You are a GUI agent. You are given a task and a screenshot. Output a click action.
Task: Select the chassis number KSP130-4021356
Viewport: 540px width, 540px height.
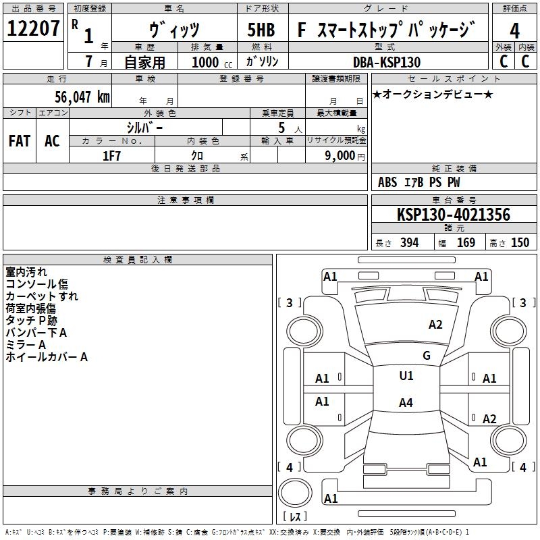click(x=454, y=215)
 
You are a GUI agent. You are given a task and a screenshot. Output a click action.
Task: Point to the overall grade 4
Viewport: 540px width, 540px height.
click(x=514, y=30)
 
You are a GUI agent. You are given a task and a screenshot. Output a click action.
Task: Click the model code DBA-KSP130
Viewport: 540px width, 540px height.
click(x=387, y=62)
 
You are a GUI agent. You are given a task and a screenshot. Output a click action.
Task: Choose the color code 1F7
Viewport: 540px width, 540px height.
click(x=111, y=155)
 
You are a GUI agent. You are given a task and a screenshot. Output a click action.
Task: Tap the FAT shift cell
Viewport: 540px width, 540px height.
click(x=20, y=141)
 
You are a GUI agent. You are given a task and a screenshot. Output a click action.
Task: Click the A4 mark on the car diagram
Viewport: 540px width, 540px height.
click(x=406, y=403)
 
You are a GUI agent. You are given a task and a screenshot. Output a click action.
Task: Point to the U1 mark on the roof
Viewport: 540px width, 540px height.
click(x=406, y=376)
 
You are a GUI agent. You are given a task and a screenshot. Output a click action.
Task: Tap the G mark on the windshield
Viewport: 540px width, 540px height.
click(x=426, y=356)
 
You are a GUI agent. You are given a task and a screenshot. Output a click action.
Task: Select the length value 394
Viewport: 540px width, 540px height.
click(x=409, y=243)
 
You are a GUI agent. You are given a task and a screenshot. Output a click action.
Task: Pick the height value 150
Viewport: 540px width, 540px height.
click(x=520, y=243)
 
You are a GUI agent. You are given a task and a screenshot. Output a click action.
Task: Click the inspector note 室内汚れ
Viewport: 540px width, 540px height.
click(x=26, y=272)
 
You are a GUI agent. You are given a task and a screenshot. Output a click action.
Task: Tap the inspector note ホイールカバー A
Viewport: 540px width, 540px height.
click(x=47, y=357)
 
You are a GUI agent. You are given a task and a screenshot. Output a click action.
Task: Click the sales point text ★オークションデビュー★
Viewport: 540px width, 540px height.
click(x=432, y=94)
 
